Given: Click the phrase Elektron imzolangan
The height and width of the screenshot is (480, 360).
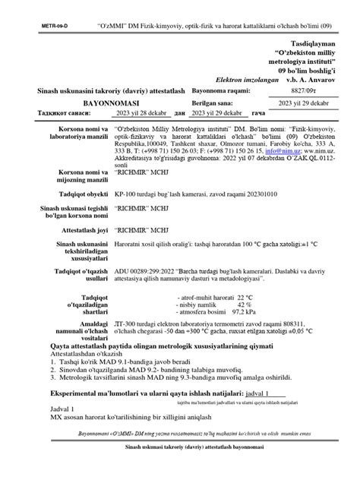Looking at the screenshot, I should pos(243,78).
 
